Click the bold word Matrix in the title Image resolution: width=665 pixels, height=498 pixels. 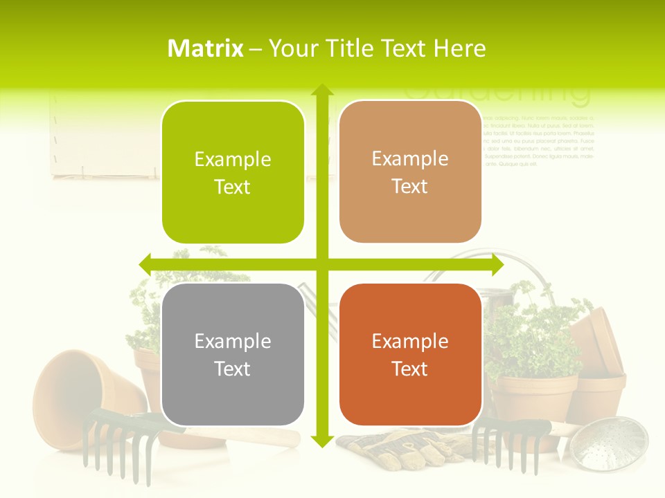pos(206,48)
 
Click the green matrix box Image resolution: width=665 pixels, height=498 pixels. pos(233,172)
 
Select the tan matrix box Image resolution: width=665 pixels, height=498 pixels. pos(410,172)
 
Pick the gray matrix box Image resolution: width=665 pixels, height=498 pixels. pos(233,354)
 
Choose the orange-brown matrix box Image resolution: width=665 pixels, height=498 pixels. pos(410,354)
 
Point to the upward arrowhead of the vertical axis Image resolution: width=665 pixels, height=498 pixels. pos(322,90)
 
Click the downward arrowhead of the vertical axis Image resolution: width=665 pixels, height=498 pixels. pos(322,440)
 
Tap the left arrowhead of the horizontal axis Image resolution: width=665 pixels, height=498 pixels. pos(145,264)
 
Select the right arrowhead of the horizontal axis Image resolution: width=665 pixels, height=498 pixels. pos(497,264)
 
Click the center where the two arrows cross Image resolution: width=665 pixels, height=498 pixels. pos(322,264)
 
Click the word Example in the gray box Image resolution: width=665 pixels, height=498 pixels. pos(233,341)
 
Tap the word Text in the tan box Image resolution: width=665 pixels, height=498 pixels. pos(410,187)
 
